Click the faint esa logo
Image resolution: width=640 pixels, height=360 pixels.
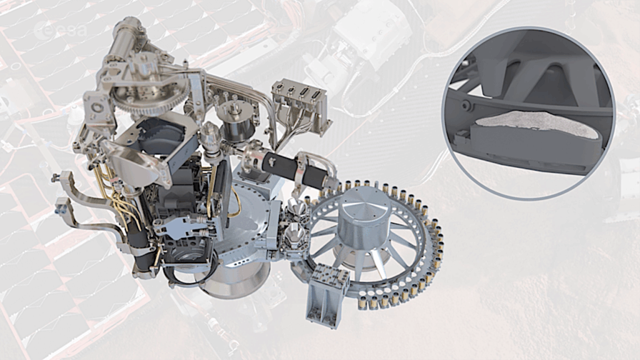pyautogui.click(x=61, y=29)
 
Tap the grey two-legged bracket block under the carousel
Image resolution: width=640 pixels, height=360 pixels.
pyautogui.click(x=326, y=292)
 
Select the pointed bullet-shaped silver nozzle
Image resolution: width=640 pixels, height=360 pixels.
pyautogui.click(x=211, y=137)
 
